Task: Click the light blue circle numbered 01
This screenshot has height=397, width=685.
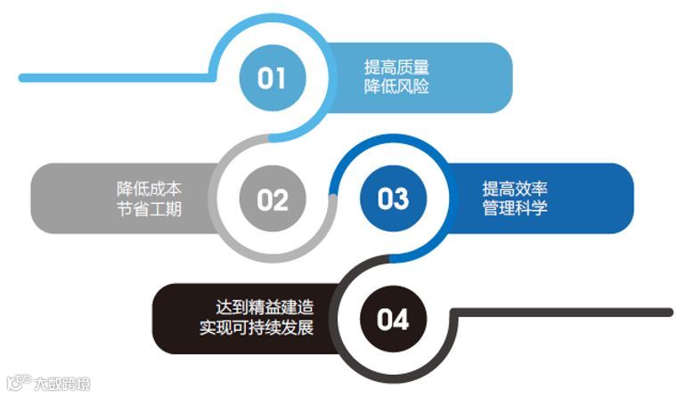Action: pos(271,78)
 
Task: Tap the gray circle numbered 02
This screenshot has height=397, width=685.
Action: pos(273,198)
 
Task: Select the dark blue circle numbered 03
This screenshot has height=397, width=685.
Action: pos(392,198)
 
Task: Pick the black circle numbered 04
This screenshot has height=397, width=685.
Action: pos(392,319)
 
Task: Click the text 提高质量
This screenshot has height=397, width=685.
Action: pos(396,67)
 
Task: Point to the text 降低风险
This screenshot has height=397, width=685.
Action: pos(396,87)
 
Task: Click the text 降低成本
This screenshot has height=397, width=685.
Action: pos(149,189)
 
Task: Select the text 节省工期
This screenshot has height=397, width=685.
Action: pos(149,210)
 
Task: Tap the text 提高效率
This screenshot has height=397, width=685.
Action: pos(515,188)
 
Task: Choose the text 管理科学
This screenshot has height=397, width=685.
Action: pos(515,209)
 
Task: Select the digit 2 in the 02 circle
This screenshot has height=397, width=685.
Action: pos(281,199)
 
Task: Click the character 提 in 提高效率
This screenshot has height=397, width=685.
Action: pos(491,188)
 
